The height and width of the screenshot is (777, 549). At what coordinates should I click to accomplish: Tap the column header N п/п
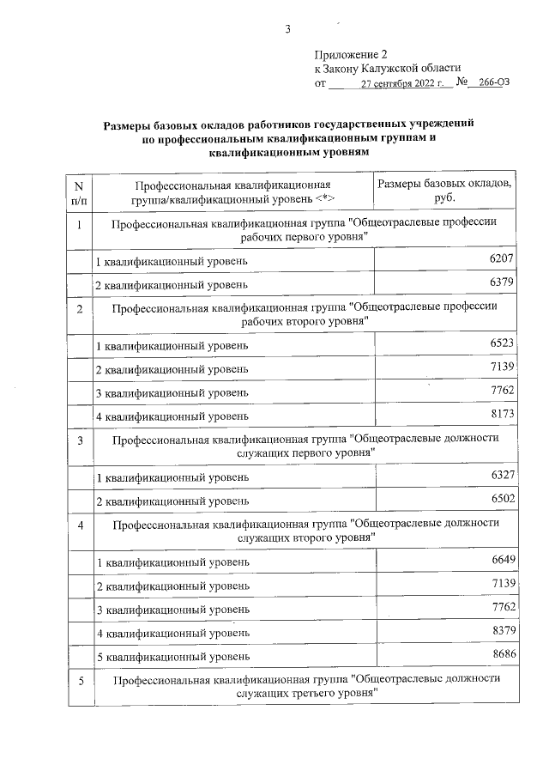79,191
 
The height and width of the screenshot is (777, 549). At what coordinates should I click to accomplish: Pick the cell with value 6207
502,258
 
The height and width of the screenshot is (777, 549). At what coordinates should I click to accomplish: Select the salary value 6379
502,282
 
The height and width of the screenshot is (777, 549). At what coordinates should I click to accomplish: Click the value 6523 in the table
502,343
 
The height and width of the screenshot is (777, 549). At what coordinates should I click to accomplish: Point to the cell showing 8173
502,416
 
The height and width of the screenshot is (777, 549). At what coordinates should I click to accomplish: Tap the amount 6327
502,476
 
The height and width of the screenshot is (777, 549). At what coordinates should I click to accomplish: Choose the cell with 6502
502,500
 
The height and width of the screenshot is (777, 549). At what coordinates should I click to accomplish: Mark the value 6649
502,561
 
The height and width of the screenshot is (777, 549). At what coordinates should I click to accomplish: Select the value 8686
502,656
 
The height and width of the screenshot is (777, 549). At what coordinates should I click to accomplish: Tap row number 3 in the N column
79,441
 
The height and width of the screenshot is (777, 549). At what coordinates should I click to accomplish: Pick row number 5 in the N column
79,682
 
